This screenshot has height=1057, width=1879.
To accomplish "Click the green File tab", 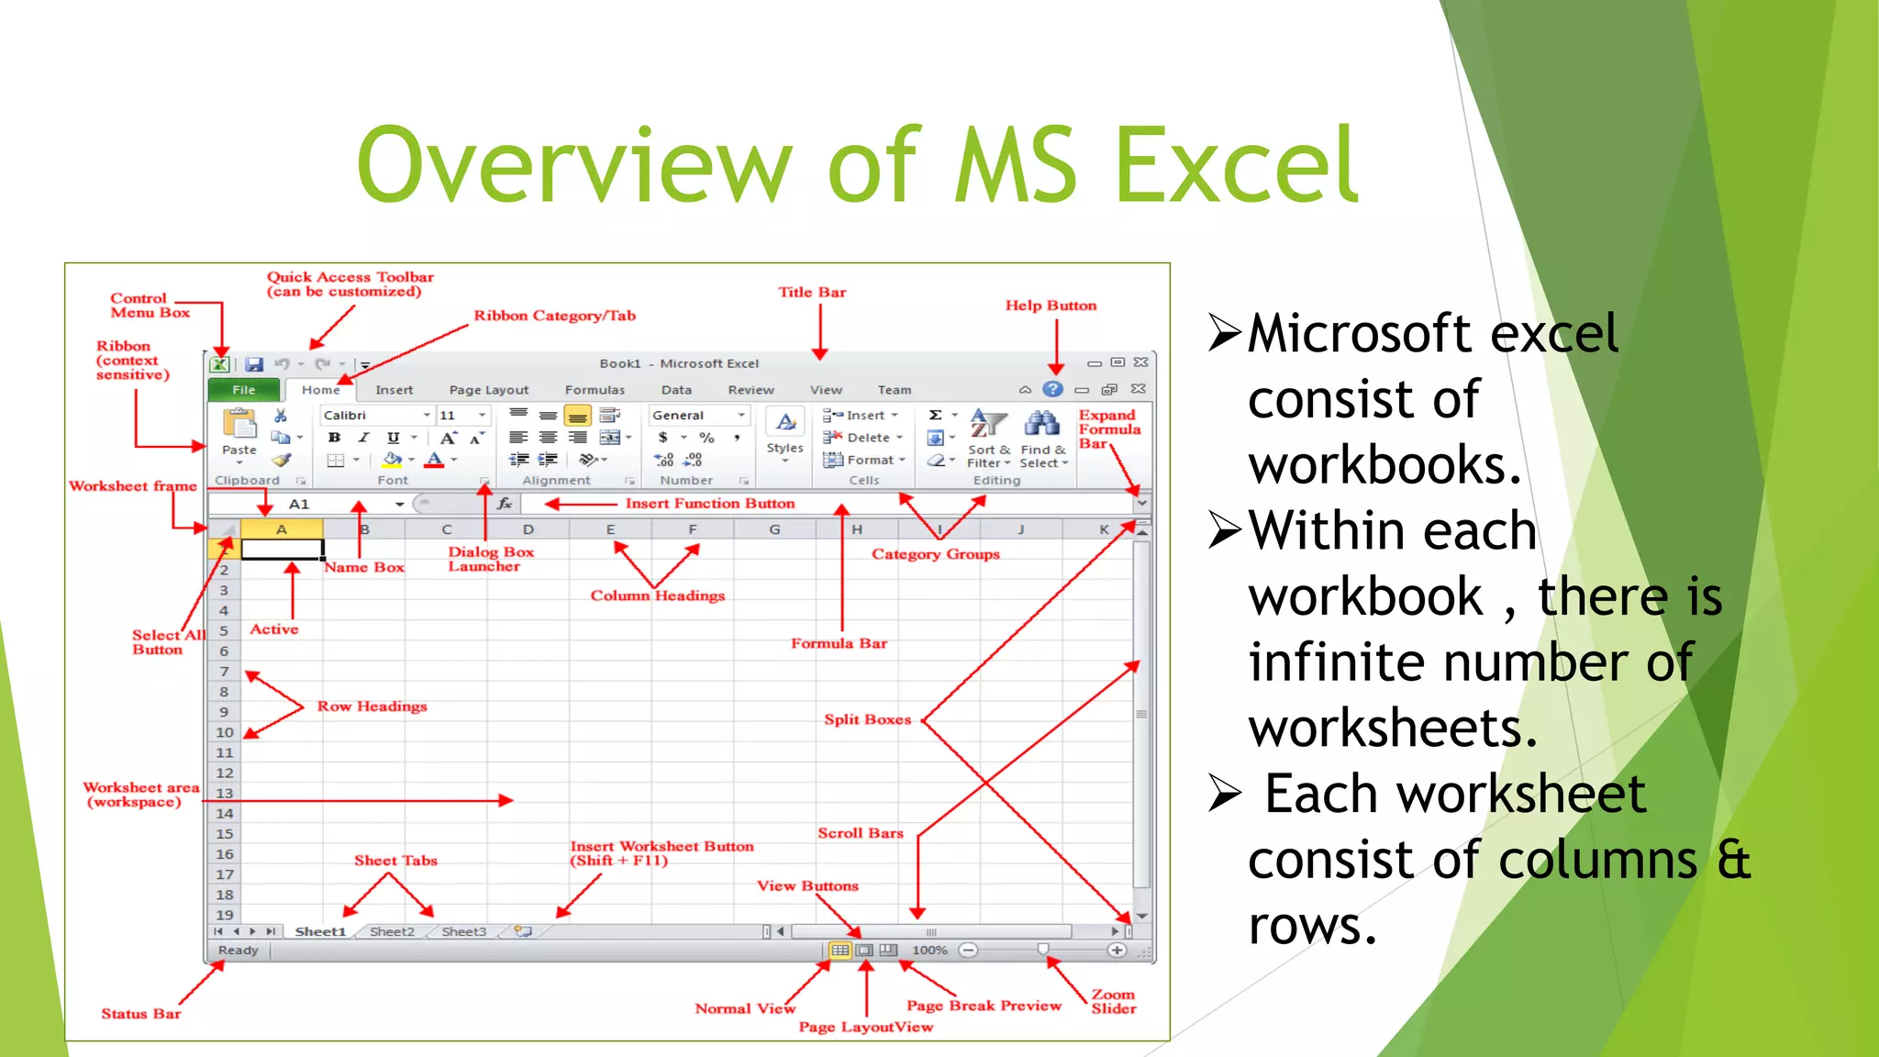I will click(244, 390).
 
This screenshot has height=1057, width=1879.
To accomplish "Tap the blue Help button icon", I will click(1053, 389).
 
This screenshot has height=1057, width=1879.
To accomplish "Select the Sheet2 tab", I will click(392, 931).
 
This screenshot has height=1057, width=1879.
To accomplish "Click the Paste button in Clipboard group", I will click(239, 432).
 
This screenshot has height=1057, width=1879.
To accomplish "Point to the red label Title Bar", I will click(812, 293).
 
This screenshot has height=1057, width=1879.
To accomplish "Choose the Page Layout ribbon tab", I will click(488, 390).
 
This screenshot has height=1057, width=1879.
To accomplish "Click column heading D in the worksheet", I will click(528, 529).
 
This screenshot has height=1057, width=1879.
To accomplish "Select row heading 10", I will click(225, 732).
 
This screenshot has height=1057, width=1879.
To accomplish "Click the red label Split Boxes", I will click(867, 719).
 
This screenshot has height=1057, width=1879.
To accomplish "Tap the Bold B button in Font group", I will click(335, 438).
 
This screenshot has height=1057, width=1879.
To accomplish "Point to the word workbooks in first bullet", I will click(1384, 465).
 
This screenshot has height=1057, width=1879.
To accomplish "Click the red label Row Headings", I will click(372, 707).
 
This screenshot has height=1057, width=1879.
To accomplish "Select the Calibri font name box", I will click(372, 416).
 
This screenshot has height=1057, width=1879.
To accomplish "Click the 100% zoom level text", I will click(929, 951).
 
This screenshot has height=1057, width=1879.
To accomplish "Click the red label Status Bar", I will click(140, 1014).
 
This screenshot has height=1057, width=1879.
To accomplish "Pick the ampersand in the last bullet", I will click(1733, 860).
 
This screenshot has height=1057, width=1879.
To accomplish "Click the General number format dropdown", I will click(697, 416).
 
